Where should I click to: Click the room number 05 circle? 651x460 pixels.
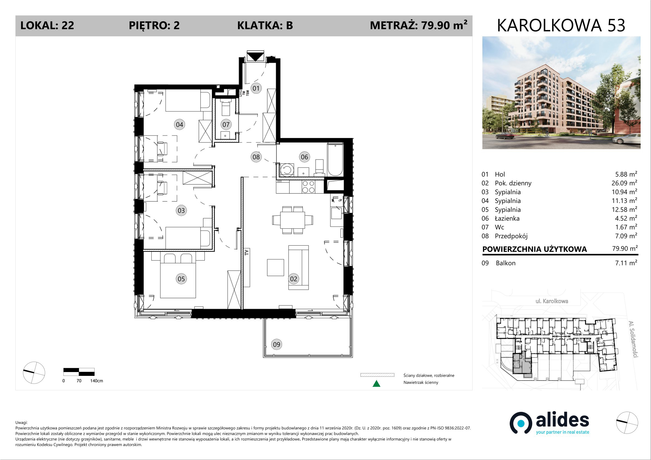click(x=181, y=279)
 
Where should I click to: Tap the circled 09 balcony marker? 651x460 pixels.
click(x=277, y=344)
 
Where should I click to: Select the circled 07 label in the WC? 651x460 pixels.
click(x=226, y=124)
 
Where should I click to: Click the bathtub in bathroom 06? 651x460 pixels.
click(x=335, y=160)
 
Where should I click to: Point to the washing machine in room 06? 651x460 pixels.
click(x=287, y=170)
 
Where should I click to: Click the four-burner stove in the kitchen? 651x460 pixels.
click(x=308, y=187)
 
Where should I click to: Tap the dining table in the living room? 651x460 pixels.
click(x=293, y=220)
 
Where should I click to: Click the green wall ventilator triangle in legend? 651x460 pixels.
click(x=376, y=384)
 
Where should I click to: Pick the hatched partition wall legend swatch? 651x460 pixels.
click(x=377, y=375)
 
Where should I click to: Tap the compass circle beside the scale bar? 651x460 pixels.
click(x=34, y=373)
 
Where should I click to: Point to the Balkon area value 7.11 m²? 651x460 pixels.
click(x=626, y=263)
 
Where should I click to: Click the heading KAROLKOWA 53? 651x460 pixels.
click(x=561, y=25)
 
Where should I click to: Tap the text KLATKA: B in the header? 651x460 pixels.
click(x=265, y=25)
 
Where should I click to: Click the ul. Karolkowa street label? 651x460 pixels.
click(x=552, y=301)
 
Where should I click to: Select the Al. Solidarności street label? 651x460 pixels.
click(x=633, y=339)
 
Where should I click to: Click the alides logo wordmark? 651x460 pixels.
click(x=562, y=420)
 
